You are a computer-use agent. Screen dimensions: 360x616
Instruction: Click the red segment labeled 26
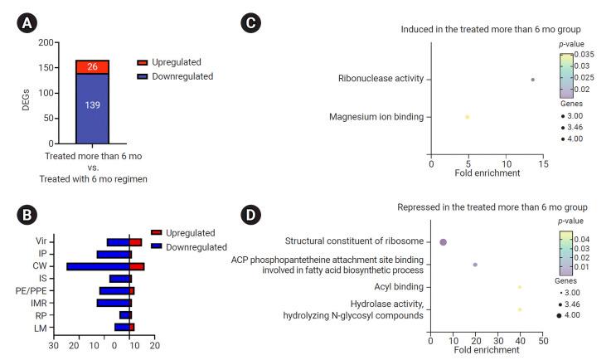[92, 67]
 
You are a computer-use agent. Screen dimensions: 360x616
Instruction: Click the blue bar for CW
[98, 266]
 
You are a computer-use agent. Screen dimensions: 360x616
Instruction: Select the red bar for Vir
[136, 242]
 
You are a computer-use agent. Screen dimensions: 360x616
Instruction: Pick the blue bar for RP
[125, 315]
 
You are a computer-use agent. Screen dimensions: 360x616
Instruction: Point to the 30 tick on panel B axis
[54, 344]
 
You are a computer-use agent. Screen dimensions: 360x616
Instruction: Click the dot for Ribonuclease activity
[532, 80]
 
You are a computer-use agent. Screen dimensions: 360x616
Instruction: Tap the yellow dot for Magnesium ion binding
[467, 117]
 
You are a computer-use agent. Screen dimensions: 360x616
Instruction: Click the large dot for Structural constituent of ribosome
[444, 242]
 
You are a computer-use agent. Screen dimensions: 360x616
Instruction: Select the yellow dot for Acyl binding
[520, 287]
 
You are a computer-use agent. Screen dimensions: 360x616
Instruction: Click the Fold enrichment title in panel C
[487, 173]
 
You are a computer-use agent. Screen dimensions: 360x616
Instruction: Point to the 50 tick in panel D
[542, 340]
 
